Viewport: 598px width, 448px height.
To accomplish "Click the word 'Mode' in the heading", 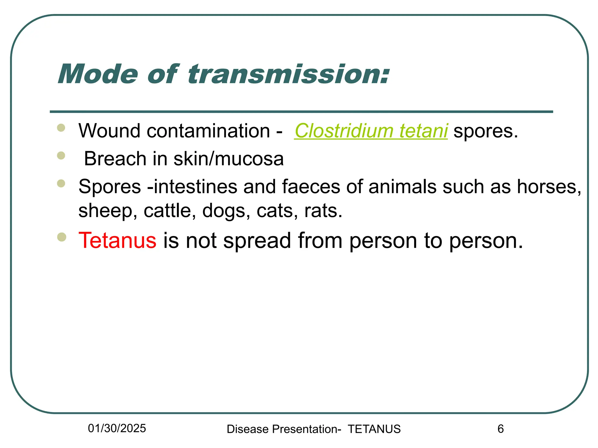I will (98, 74).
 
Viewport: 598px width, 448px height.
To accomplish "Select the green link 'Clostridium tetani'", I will (371, 131).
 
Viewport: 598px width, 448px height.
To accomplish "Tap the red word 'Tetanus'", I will (117, 241).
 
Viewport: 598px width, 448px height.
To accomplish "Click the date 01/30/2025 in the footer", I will (117, 428).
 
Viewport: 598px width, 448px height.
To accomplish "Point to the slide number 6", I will (500, 429).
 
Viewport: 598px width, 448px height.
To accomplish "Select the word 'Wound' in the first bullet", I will (109, 131).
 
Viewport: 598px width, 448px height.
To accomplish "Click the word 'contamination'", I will (208, 131).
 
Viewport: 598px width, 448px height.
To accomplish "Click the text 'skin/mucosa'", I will (228, 159).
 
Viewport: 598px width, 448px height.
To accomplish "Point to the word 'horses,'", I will (549, 187).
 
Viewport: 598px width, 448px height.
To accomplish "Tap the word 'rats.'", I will (323, 211).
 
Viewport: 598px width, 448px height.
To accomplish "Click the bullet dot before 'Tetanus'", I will (62, 237).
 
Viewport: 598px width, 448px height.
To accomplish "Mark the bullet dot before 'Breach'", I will (61, 155).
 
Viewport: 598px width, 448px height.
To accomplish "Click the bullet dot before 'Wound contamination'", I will (61, 128).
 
